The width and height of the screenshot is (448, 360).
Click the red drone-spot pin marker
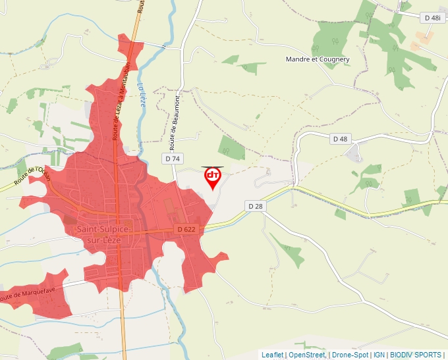pyautogui.click(x=213, y=176)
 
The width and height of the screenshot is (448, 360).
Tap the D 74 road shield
pyautogui.click(x=173, y=159)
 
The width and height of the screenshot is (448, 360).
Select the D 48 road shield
pyautogui.click(x=339, y=139)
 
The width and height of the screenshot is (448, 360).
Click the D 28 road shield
pyautogui.click(x=256, y=206)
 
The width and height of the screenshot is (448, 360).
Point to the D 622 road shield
pyautogui.click(x=186, y=228)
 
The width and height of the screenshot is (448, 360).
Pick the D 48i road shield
pyautogui.click(x=432, y=18)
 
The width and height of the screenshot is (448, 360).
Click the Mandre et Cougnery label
pyautogui.click(x=318, y=59)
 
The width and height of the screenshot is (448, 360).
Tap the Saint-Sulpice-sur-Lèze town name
pyautogui.click(x=104, y=234)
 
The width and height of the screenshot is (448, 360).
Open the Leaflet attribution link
pyautogui.click(x=273, y=355)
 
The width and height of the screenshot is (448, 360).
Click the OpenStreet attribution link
pyautogui.click(x=307, y=355)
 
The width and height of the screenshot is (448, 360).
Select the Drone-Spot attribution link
pyautogui.click(x=350, y=355)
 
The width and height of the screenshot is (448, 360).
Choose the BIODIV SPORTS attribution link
pyautogui.click(x=415, y=355)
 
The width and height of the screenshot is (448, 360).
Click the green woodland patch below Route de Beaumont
pyautogui.click(x=231, y=148)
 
